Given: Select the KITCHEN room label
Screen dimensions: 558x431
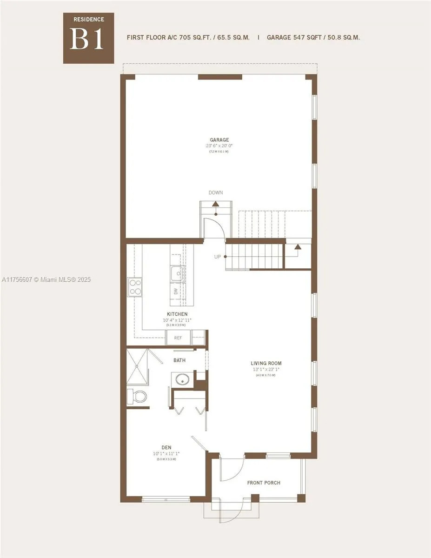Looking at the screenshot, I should click(x=177, y=314).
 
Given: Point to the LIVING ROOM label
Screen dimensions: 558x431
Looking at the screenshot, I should click(x=266, y=364).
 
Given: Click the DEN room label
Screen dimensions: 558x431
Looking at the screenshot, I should click(x=166, y=447).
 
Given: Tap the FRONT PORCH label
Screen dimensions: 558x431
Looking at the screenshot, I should click(x=264, y=483).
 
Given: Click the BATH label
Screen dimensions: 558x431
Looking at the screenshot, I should click(x=179, y=360).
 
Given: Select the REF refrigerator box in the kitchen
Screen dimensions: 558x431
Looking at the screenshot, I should click(x=178, y=338).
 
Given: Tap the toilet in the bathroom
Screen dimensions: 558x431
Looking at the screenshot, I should click(x=137, y=397).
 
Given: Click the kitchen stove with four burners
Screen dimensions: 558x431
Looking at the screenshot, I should click(x=135, y=287).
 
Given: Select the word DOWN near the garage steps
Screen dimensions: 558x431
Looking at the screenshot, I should click(x=216, y=193).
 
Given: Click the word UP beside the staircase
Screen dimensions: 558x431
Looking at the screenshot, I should click(x=218, y=257).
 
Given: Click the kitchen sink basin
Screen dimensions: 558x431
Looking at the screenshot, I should click(x=177, y=273).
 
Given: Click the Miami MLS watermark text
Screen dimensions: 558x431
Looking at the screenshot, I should click(x=46, y=279).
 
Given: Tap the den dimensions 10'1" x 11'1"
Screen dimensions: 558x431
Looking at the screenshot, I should click(x=166, y=453).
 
